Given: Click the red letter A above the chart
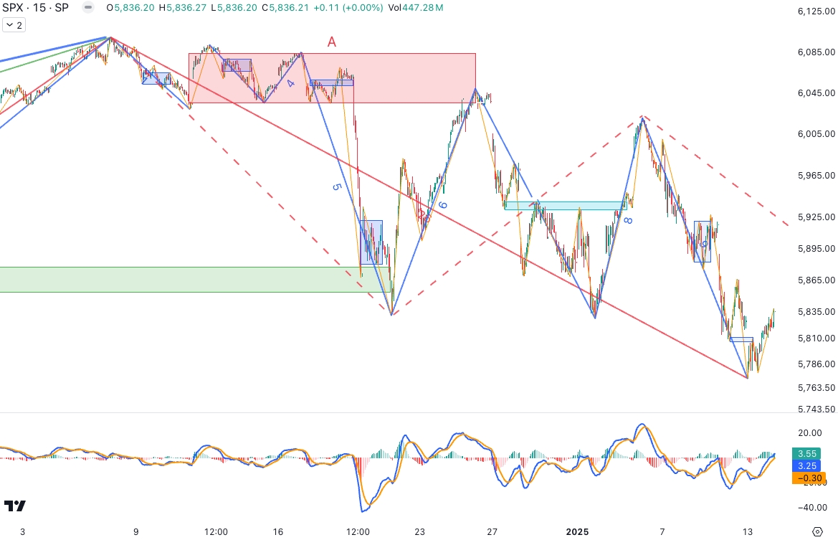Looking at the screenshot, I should (332, 42).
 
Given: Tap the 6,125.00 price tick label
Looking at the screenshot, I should (816, 11).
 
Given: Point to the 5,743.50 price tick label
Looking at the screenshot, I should (816, 409).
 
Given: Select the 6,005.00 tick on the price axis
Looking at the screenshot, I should (816, 134).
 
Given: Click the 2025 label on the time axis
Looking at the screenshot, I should (577, 531).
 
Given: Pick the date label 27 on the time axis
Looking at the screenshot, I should (492, 531).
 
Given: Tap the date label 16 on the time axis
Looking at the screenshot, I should (278, 531).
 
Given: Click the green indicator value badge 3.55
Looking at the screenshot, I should (806, 453).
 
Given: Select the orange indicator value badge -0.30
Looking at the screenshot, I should (806, 478).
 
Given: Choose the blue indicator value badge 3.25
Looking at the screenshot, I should (806, 465).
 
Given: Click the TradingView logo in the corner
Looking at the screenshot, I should (15, 506).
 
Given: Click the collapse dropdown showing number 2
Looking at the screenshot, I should (13, 25).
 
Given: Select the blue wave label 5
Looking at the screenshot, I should (335, 186).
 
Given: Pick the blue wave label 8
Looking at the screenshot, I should (627, 221).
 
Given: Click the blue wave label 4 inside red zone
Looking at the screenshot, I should (290, 84).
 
